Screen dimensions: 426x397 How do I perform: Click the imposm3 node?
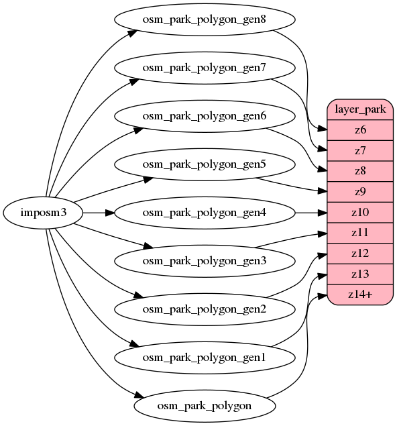pyautogui.click(x=43, y=213)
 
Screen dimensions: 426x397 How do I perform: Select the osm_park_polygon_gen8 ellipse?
pyautogui.click(x=205, y=19)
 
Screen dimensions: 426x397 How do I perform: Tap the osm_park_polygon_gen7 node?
pyautogui.click(x=205, y=68)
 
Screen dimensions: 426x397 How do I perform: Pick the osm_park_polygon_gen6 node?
pyautogui.click(x=205, y=116)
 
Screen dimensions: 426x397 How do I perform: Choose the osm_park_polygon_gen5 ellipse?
pyautogui.click(x=205, y=164)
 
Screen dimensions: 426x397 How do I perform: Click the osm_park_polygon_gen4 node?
pyautogui.click(x=205, y=213)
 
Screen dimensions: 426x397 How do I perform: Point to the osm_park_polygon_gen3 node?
pyautogui.click(x=205, y=261)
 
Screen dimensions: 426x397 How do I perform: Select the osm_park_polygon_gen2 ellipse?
pyautogui.click(x=205, y=309)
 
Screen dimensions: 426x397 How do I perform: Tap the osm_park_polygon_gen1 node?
pyautogui.click(x=205, y=358)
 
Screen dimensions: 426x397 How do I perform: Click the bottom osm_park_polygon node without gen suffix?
pyautogui.click(x=205, y=406)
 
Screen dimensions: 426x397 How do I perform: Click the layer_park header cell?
pyautogui.click(x=359, y=109)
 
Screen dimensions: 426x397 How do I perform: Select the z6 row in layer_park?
pyautogui.click(x=359, y=130)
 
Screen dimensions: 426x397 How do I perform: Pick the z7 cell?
pyautogui.click(x=359, y=151)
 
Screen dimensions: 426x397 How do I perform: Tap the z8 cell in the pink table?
pyautogui.click(x=359, y=171)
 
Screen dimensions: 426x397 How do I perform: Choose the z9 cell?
pyautogui.click(x=359, y=192)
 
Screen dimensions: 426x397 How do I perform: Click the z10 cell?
pyautogui.click(x=359, y=213)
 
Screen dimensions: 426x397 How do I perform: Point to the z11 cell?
pyautogui.click(x=359, y=233)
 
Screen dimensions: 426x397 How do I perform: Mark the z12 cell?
pyautogui.click(x=359, y=254)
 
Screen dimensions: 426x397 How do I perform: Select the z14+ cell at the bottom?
pyautogui.click(x=359, y=295)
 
